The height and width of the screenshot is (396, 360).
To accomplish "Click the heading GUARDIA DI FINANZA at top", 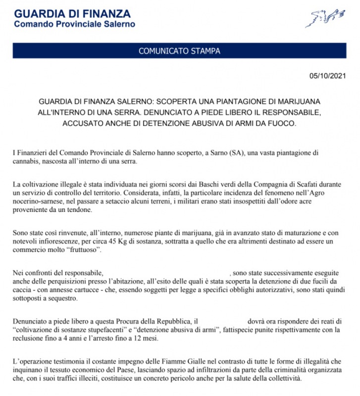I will click(72, 13).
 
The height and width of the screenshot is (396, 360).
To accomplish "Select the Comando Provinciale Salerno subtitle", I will click(74, 24).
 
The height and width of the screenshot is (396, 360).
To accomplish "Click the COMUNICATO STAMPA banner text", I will click(179, 50).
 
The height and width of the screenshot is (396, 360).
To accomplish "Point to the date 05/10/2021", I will click(327, 76).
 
